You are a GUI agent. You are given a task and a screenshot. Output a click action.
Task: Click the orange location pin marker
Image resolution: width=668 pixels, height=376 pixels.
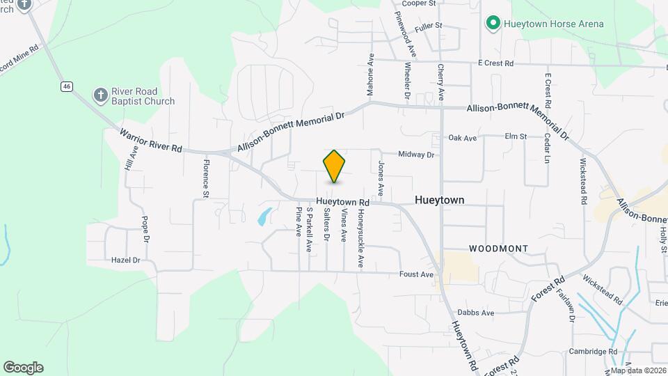tap(335, 166)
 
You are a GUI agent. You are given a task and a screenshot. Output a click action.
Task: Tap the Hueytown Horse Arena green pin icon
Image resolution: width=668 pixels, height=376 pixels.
tap(493, 24)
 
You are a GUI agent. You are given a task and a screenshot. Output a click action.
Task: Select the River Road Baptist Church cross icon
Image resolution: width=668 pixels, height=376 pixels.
tap(101, 95)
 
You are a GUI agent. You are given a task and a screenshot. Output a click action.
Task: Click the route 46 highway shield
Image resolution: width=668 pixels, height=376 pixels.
tap(66, 86)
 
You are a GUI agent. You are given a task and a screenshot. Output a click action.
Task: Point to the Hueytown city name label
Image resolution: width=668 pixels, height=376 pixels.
tap(439, 200)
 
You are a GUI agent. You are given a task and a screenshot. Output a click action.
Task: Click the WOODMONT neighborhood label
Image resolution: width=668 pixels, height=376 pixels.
tap(498, 249)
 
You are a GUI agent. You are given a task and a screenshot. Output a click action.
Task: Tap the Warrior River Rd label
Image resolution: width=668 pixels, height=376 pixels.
tap(150, 140)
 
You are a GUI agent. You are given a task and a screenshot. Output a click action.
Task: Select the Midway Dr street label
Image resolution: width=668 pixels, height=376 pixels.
tap(416, 155)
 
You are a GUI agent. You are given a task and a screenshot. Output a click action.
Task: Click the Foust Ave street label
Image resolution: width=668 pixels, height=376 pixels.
tap(417, 274)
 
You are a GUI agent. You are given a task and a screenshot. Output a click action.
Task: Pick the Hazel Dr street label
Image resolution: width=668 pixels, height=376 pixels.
tap(126, 260)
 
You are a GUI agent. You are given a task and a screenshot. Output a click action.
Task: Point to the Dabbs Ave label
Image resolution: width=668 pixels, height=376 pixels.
tap(476, 313)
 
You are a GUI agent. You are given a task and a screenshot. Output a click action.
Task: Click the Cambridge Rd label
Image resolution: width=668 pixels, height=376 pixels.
tap(593, 352)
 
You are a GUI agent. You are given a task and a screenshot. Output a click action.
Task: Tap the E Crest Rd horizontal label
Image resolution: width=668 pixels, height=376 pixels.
tap(495, 63)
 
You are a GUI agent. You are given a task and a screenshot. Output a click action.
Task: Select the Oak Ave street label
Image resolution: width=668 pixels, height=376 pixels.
tap(463, 138)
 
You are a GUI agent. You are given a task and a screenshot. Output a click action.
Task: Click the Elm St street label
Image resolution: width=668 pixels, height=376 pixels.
tap(516, 136)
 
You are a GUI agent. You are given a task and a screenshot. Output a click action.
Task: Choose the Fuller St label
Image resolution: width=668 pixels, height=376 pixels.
tap(428, 26)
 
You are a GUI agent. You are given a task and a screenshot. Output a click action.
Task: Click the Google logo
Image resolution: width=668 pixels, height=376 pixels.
tap(23, 368)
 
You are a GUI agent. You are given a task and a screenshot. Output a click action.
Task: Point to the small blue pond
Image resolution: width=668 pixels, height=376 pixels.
tap(264, 216)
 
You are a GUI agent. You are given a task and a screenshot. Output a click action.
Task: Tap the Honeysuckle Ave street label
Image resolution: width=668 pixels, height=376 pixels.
tap(360, 239)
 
